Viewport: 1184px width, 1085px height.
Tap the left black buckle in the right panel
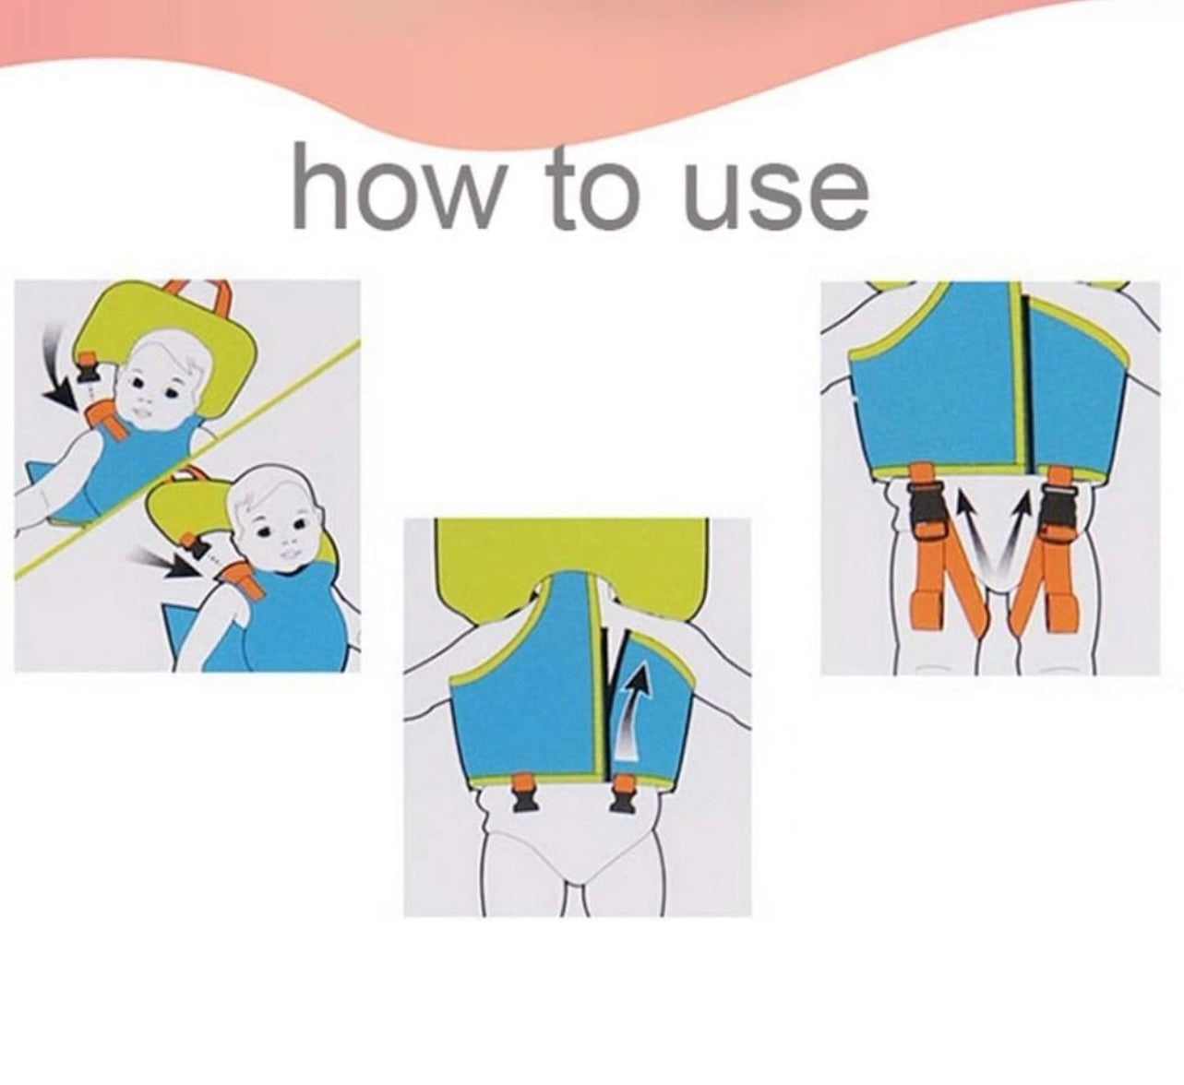[x=925, y=517]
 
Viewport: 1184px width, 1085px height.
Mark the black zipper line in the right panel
[x=1027, y=384]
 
